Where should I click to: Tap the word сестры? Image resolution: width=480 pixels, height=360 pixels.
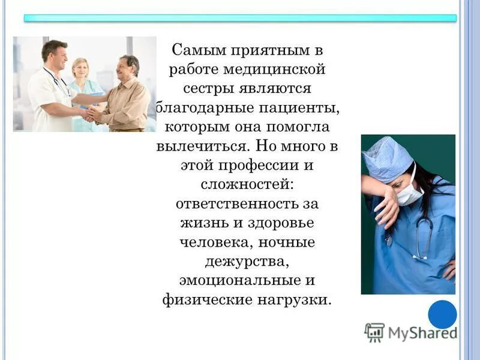coord(209,89)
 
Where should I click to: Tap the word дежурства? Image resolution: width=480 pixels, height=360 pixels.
coord(247,262)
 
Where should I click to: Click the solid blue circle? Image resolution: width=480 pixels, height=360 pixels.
coord(442,314)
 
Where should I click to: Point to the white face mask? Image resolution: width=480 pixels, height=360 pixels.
coord(409,192)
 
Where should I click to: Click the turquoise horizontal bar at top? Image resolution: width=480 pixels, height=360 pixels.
coord(240,18)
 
